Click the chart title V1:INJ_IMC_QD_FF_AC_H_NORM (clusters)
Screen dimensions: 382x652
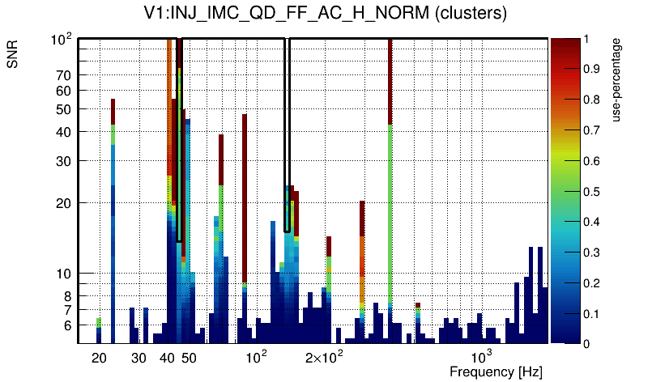point(325,14)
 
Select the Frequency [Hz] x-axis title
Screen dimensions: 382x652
point(496,371)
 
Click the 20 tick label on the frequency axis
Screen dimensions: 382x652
point(99,358)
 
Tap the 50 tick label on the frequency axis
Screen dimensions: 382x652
point(188,358)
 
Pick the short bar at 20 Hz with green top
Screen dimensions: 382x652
point(99,322)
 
